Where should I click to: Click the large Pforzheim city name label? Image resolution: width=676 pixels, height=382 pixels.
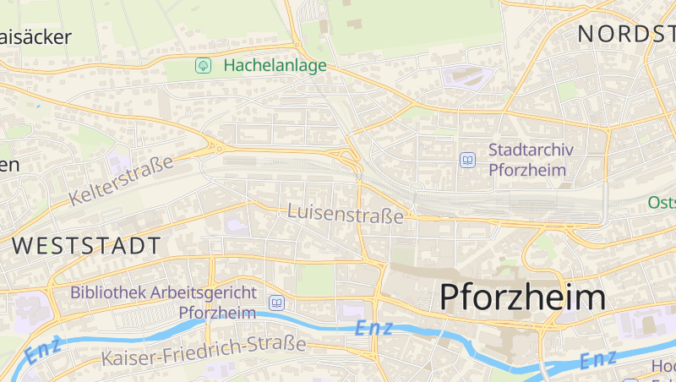point(522,297)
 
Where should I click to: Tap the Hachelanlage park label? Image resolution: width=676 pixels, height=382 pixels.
point(275,66)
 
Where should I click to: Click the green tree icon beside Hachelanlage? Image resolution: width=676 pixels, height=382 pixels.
point(203,65)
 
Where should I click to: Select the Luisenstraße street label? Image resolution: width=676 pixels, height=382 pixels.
point(346,215)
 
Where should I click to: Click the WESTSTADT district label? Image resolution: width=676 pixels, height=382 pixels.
point(87,247)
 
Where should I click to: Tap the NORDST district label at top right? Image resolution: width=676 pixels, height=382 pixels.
point(625,34)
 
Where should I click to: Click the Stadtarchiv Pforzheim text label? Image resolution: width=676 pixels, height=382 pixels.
point(531,160)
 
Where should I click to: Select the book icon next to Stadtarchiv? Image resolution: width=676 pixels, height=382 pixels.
point(467,160)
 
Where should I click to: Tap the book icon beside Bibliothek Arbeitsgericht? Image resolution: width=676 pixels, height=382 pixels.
point(276,303)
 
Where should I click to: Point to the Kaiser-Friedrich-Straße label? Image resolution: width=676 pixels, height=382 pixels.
point(203,351)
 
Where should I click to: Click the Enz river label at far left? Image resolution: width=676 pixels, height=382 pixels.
point(44,350)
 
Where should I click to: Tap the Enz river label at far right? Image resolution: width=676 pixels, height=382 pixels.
point(598,359)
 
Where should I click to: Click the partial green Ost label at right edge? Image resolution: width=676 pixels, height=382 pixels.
point(662,203)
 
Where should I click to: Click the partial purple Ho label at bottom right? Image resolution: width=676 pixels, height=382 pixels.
point(662,367)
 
